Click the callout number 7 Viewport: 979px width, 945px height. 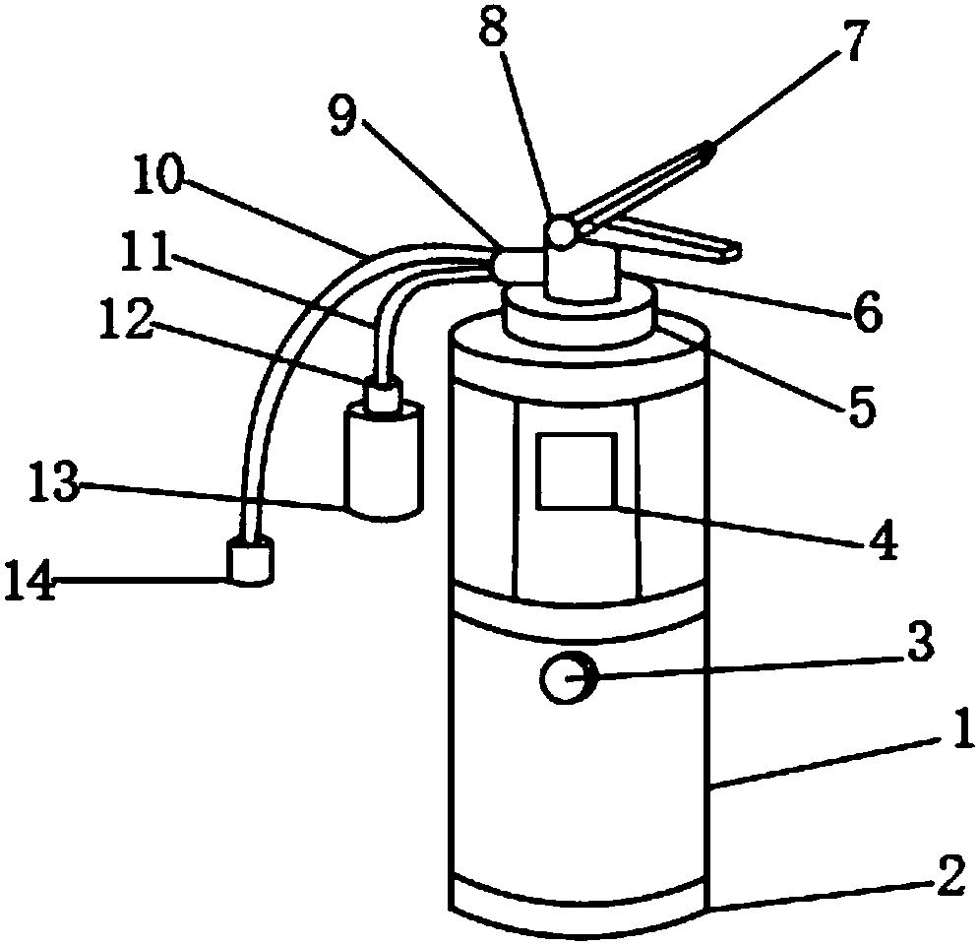point(853,40)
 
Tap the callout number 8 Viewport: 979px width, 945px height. point(494,25)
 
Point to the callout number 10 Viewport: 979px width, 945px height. point(158,175)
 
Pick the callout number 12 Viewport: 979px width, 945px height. point(127,320)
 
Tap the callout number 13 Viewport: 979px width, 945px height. point(54,481)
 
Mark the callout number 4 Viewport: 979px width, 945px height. point(883,538)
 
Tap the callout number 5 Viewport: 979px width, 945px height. point(862,406)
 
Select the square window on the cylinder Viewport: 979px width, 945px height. point(577,471)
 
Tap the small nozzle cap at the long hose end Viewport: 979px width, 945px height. point(250,560)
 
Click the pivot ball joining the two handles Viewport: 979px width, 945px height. point(561,233)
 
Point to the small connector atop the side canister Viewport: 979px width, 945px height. point(382,394)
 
